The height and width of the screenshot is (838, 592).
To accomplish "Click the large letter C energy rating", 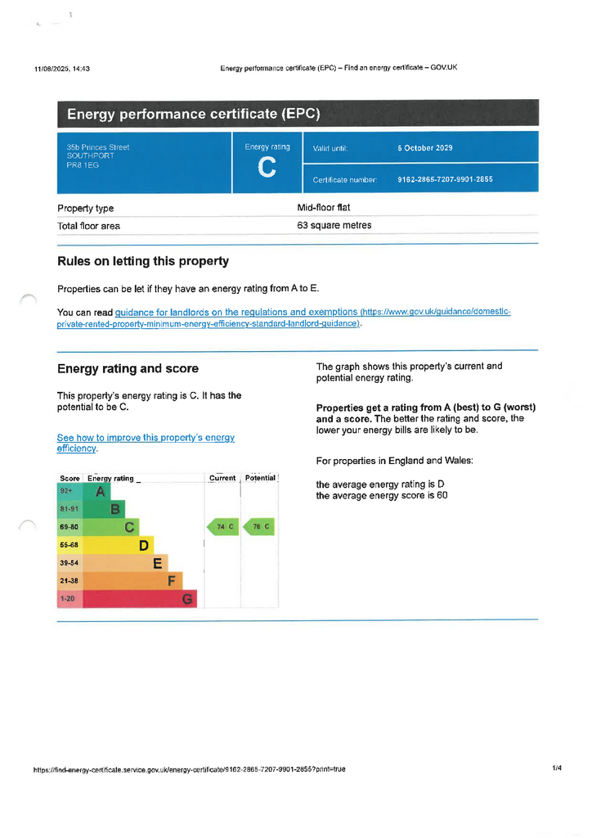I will (267, 169).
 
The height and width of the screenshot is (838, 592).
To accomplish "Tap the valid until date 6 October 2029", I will (424, 148).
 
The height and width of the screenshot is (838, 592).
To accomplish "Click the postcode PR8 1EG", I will (83, 165).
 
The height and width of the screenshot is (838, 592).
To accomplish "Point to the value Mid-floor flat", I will (323, 208).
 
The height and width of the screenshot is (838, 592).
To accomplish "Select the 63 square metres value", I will (334, 225).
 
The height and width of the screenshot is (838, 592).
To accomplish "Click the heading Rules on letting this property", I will (143, 261).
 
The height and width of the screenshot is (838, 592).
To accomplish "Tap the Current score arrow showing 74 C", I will (222, 527).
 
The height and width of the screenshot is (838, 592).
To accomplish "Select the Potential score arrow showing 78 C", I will (258, 527).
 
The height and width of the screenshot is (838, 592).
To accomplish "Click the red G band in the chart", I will (187, 599).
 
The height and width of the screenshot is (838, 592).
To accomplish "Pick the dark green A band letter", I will (101, 491).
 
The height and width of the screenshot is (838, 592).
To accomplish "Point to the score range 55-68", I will (70, 545).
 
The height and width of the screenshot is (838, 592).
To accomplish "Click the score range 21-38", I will (70, 581).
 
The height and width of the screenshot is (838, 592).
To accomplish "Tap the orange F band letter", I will (172, 581).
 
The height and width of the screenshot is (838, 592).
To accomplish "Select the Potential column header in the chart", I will (261, 478).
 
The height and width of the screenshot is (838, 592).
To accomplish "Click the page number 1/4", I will (557, 768).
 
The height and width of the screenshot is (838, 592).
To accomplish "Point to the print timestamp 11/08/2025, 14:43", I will (62, 68).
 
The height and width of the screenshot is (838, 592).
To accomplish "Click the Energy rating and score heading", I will (128, 368).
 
